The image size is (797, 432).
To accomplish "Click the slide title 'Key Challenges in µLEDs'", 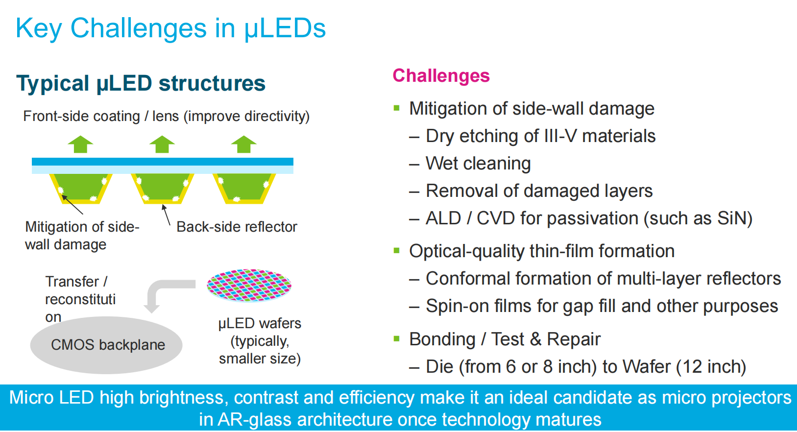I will [170, 28].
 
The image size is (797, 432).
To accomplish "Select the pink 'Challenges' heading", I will [441, 76].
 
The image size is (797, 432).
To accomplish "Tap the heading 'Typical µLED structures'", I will [141, 83].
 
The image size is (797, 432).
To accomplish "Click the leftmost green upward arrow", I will [80, 144].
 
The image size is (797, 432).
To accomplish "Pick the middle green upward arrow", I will [162, 144].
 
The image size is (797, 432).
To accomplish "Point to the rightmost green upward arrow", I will [243, 144].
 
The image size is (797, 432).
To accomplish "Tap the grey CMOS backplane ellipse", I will [106, 345].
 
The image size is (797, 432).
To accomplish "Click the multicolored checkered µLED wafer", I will [249, 285].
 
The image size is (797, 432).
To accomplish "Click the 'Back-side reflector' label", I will [237, 227].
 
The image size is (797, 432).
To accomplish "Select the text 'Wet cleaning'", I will [478, 164].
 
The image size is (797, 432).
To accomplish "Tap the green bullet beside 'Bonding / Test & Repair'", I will [397, 338].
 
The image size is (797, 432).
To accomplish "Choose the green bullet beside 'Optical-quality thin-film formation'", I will [397, 251].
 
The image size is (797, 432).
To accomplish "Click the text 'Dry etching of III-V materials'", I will [540, 136].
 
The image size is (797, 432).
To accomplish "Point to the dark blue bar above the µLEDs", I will [162, 162].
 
